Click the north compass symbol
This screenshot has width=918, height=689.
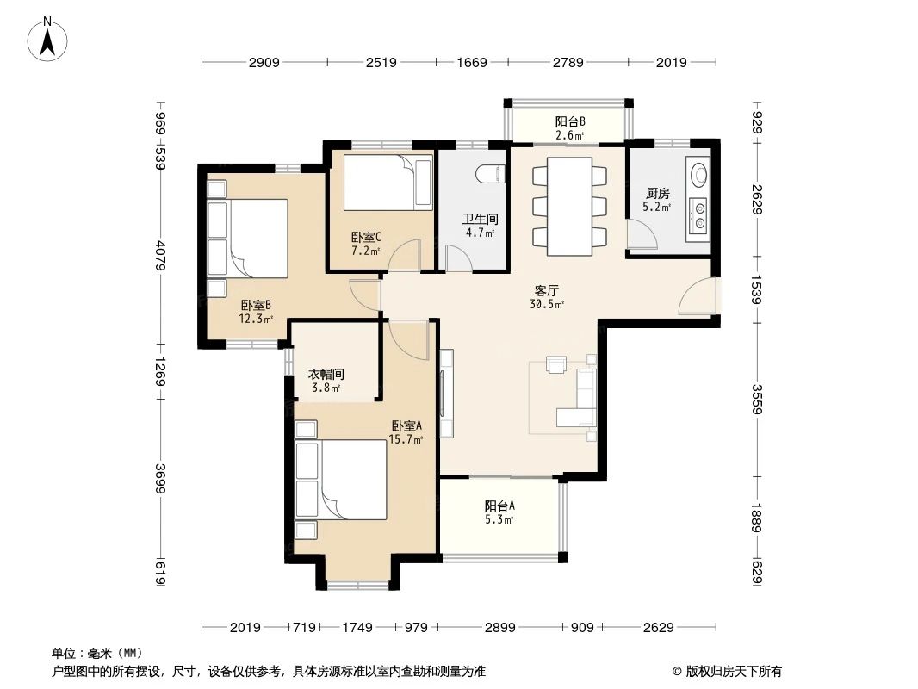pos(49,40)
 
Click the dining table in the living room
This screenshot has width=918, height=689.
pos(569,206)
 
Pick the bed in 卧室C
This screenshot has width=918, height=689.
pos(388,182)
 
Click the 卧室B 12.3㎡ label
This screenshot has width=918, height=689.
pos(257,311)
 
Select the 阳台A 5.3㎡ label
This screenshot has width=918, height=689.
pos(499,512)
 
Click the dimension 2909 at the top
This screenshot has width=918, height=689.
pos(264,62)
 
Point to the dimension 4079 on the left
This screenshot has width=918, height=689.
pos(161,256)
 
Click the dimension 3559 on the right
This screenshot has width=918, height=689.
pos(757,398)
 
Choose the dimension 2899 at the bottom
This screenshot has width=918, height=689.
pos(499,627)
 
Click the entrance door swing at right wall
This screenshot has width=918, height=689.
pos(698,298)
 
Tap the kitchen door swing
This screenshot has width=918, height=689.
pos(638,234)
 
